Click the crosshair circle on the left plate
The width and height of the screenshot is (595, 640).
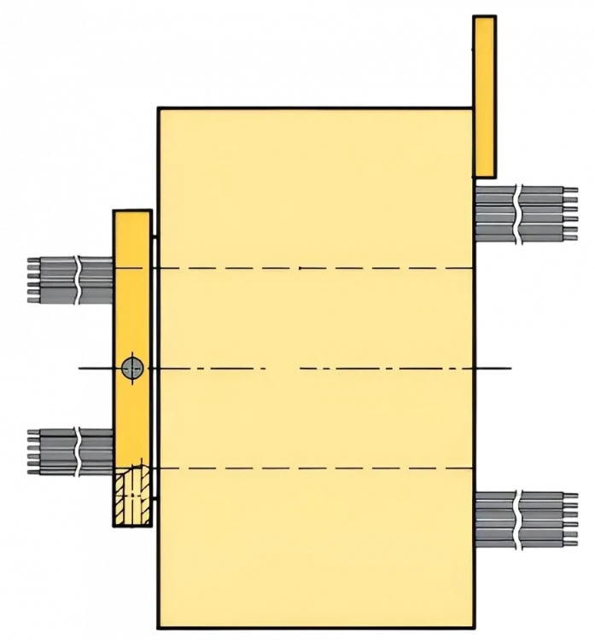131,369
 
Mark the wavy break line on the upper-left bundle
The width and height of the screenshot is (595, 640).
79,279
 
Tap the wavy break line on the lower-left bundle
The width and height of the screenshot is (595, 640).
79,450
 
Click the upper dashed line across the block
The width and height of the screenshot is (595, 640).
341,268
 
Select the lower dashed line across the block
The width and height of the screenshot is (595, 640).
341,468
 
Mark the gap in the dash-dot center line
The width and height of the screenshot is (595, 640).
283,369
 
